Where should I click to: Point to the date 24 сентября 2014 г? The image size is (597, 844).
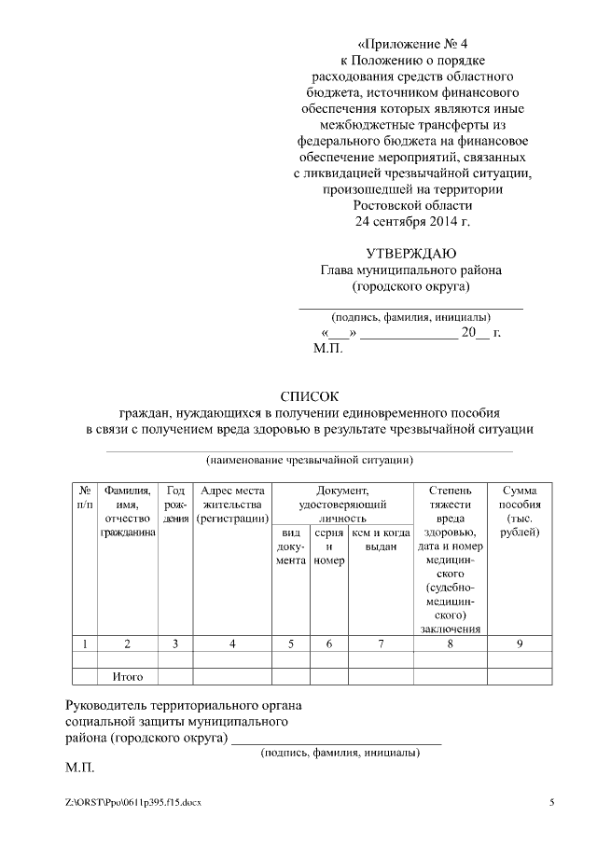(x=412, y=221)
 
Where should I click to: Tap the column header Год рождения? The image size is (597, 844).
(x=175, y=504)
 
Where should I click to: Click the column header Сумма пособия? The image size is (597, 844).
(x=521, y=510)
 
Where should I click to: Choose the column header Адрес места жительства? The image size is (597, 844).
(x=232, y=504)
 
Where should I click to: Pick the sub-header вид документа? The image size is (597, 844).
(x=290, y=546)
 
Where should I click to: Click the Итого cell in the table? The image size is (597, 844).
(x=127, y=676)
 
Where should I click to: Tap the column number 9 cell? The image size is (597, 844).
(x=521, y=643)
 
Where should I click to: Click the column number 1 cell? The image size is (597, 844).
(x=85, y=643)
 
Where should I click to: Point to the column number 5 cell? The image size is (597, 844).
(x=290, y=643)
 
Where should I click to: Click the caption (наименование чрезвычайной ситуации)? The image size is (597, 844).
(x=310, y=460)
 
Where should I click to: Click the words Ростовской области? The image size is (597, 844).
(x=412, y=205)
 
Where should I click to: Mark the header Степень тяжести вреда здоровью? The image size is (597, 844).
(x=450, y=557)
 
